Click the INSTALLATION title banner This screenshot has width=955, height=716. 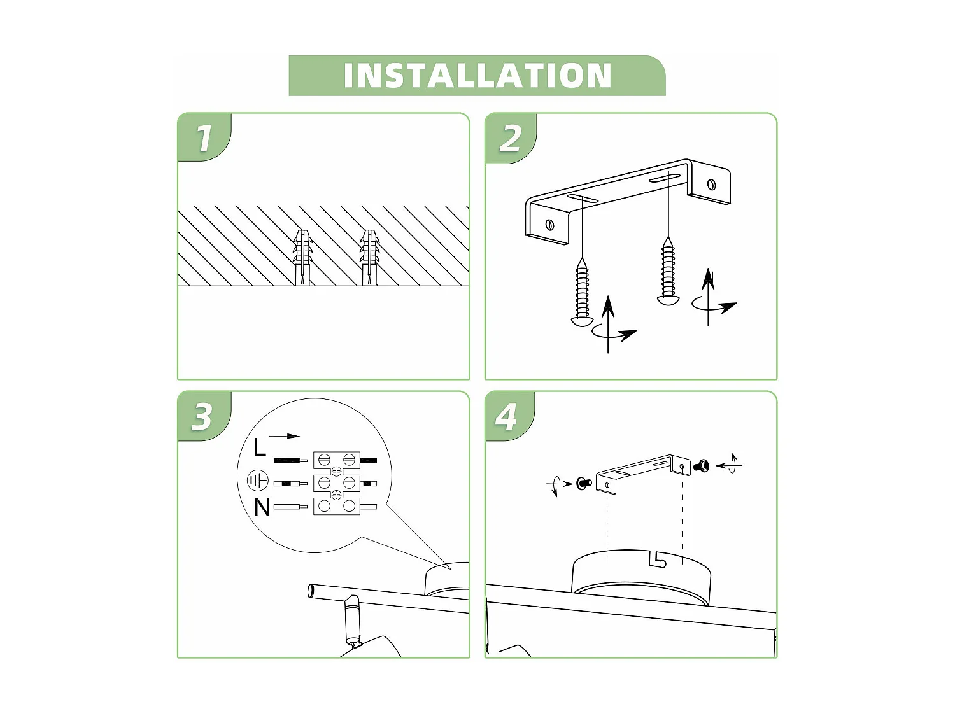477,76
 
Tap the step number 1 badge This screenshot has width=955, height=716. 204,138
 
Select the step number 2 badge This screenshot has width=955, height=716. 510,138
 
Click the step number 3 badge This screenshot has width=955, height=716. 202,417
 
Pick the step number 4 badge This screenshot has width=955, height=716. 507,417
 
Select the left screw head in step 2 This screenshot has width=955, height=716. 583,321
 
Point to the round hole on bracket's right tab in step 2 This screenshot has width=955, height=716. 711,185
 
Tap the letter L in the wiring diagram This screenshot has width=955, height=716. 259,447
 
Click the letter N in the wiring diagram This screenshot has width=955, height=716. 262,507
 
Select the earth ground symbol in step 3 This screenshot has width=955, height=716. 258,481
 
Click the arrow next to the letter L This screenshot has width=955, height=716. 284,436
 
